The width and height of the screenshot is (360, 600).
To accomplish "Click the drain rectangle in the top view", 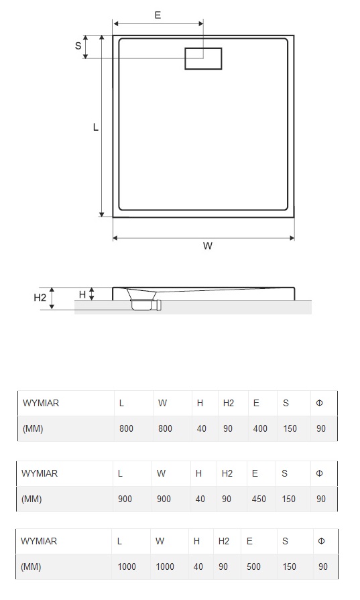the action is click(203, 49).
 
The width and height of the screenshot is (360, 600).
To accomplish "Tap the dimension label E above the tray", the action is click(158, 15).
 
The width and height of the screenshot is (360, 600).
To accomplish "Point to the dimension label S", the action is click(78, 46).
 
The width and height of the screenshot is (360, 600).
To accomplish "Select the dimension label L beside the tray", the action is click(96, 127).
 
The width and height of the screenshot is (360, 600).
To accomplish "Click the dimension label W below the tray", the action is click(208, 245).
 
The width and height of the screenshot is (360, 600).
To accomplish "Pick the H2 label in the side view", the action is click(40, 298).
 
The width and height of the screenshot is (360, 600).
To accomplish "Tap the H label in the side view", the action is click(82, 294).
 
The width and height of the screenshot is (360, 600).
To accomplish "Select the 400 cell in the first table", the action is click(260, 428).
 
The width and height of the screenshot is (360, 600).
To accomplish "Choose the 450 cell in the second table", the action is click(259, 499).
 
